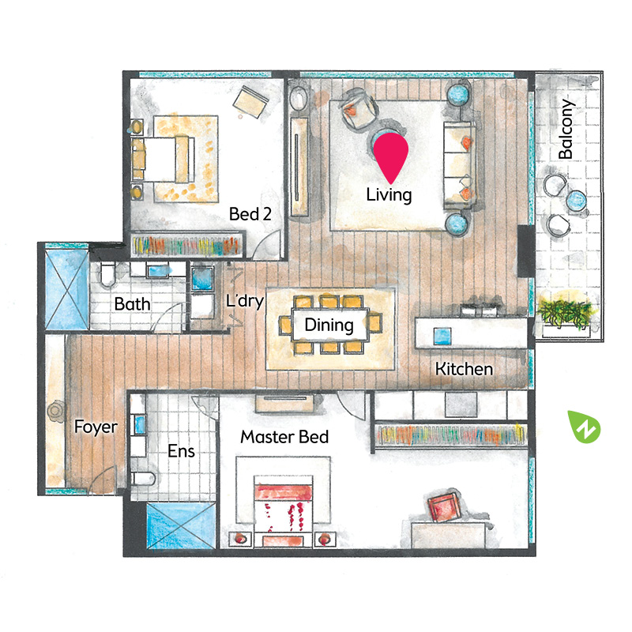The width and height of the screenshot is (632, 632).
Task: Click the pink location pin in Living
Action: (x=390, y=156)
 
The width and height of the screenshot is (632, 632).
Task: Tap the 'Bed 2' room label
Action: (x=250, y=213)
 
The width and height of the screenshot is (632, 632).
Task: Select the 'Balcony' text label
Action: (x=566, y=129)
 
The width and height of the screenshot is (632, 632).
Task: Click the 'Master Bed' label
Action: (x=284, y=437)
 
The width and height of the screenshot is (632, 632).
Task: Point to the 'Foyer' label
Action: (x=96, y=427)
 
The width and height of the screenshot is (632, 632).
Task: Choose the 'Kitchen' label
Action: (x=464, y=369)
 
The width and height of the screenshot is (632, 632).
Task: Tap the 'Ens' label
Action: (x=182, y=451)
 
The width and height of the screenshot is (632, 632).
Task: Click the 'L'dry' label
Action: (x=245, y=301)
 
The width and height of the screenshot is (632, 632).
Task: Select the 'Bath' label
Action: (x=132, y=304)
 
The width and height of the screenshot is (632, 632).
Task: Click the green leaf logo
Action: (x=584, y=427)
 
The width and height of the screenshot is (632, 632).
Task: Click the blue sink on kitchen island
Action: (x=442, y=337)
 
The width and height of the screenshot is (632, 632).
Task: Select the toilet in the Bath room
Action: (x=107, y=275)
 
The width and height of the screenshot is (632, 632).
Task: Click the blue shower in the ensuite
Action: (x=180, y=525)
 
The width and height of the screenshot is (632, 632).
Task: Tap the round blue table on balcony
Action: (x=577, y=200)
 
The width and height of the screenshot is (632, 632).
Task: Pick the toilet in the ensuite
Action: (x=143, y=479)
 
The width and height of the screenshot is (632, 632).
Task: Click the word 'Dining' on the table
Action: (x=329, y=325)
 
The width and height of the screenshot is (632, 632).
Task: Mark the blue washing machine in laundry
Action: (x=202, y=277)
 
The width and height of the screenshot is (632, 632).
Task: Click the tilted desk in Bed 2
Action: (x=250, y=102)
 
